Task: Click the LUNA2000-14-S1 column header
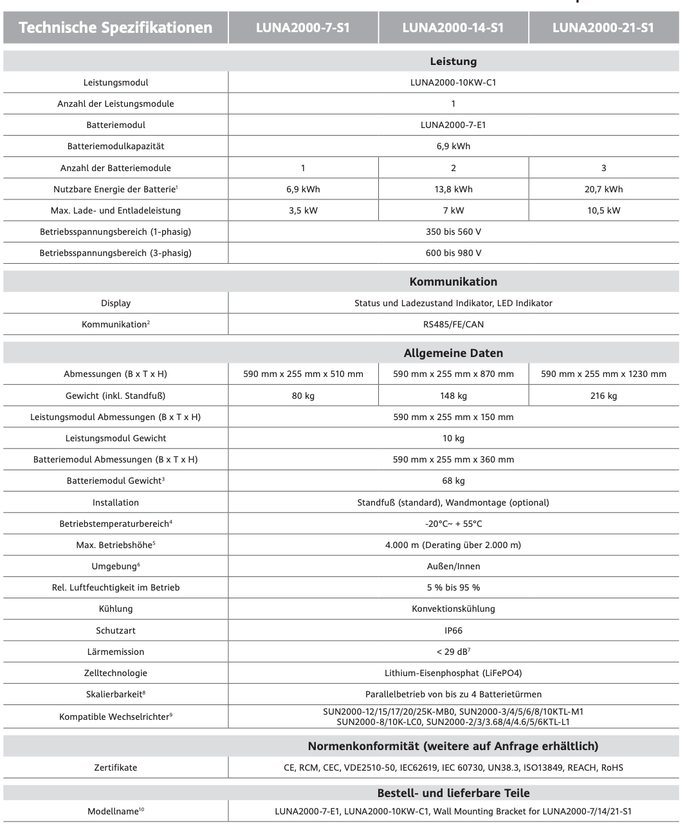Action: [x=453, y=28]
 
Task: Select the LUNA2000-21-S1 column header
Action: [x=603, y=28]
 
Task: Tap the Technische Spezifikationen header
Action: [x=116, y=28]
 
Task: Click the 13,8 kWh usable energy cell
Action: [x=453, y=189]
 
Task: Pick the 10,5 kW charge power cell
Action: [x=603, y=210]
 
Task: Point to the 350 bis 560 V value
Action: [x=453, y=232]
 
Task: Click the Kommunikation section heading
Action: [x=453, y=282]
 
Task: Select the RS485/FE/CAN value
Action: [x=453, y=324]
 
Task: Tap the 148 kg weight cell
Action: [x=453, y=396]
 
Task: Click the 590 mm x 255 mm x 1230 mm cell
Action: [x=603, y=374]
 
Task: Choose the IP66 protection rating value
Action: [x=453, y=630]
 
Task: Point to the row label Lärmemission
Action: [x=116, y=652]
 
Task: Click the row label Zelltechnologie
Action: [x=116, y=673]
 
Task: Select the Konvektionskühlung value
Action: [x=453, y=609]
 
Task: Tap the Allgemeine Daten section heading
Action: [x=453, y=353]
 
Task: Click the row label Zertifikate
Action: [x=116, y=767]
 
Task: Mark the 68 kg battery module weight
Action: [x=453, y=481]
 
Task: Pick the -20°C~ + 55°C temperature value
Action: [x=453, y=524]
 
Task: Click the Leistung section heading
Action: [x=453, y=62]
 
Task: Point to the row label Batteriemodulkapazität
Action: [x=116, y=146]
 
